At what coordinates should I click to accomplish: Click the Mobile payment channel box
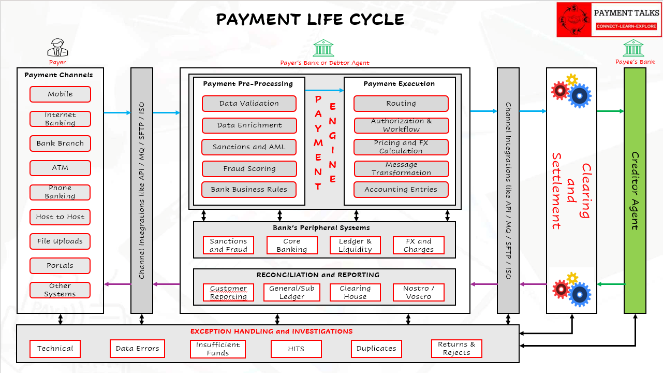click(x=60, y=94)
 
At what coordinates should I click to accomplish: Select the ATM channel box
click(x=60, y=168)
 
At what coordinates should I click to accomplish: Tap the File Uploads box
click(x=60, y=241)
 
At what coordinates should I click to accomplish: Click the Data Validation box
click(x=249, y=104)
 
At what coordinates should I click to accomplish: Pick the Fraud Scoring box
click(x=249, y=169)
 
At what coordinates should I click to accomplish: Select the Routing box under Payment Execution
click(x=401, y=104)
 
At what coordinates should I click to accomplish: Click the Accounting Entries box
click(x=401, y=190)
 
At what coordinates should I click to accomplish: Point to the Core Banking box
click(x=292, y=246)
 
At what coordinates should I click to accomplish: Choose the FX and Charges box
click(x=419, y=246)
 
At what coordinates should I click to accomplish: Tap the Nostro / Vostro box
click(x=419, y=293)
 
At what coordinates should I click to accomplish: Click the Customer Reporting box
click(x=229, y=293)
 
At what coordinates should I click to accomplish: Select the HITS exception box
click(x=296, y=349)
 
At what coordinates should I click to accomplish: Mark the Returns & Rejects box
click(x=456, y=349)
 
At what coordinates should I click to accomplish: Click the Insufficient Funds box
click(x=217, y=349)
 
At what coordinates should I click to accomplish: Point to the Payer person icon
click(x=57, y=48)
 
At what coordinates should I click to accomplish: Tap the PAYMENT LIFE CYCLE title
click(x=310, y=20)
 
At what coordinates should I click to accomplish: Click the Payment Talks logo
click(x=609, y=20)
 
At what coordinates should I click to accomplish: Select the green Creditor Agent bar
click(x=635, y=191)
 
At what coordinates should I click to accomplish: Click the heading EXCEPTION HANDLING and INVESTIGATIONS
click(x=271, y=332)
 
